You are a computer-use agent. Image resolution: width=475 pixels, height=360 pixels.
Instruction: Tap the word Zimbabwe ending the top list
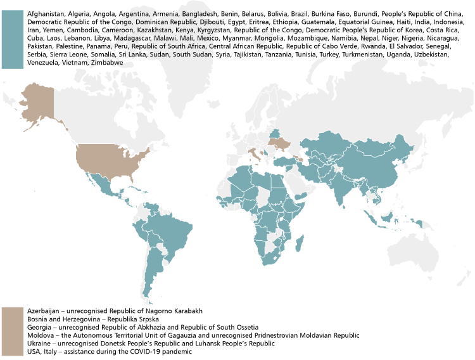(107, 62)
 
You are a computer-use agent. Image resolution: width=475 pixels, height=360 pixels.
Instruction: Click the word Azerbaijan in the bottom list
(43, 311)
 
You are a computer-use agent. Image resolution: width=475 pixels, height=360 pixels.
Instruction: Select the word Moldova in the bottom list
(39, 335)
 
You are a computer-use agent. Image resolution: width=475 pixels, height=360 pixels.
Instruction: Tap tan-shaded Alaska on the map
(37, 101)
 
